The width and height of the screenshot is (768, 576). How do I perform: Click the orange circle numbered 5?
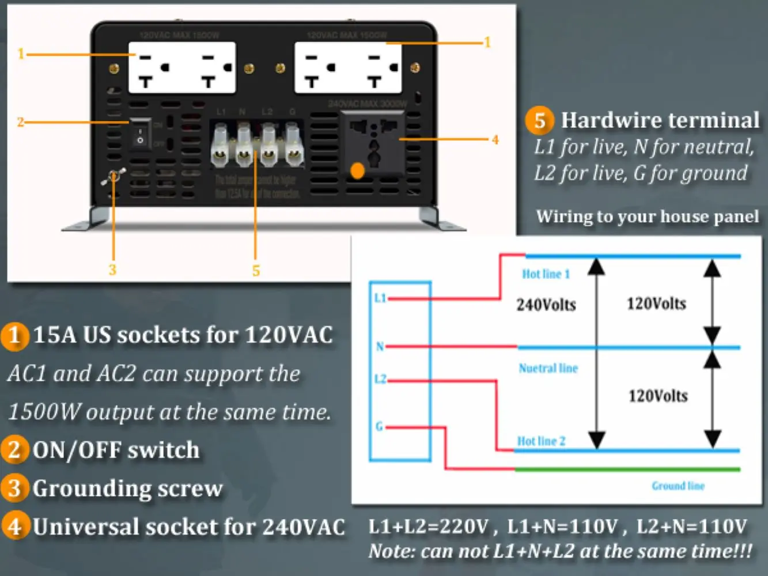(x=539, y=120)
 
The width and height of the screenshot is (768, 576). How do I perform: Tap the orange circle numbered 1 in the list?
(x=14, y=335)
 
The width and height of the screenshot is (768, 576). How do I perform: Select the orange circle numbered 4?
(x=14, y=526)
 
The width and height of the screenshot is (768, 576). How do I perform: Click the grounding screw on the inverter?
(x=114, y=176)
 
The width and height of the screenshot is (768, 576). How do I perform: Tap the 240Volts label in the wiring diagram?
(x=546, y=305)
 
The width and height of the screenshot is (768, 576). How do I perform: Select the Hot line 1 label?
(x=546, y=274)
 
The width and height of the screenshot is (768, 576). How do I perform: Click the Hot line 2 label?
(x=541, y=441)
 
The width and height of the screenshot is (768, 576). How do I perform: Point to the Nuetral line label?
(x=548, y=368)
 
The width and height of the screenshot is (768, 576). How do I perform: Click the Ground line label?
(x=678, y=486)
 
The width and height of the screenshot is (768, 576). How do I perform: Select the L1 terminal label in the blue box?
(x=380, y=298)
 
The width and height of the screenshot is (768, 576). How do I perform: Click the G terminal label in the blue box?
(x=379, y=426)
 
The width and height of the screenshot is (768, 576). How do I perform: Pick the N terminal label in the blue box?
(x=380, y=346)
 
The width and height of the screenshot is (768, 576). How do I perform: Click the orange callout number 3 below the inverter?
(x=112, y=270)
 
